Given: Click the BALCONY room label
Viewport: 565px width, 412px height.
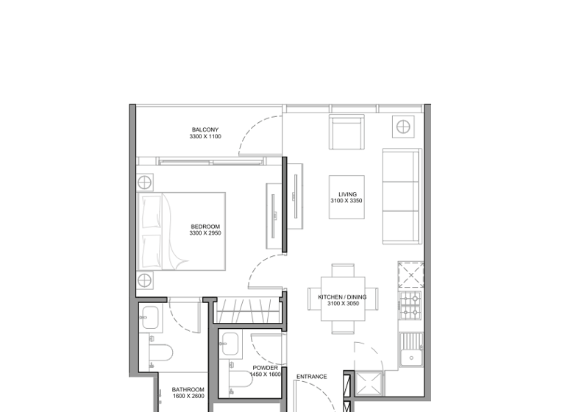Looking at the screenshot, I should (x=205, y=130).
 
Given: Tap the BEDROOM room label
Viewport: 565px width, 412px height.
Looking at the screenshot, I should (x=205, y=227).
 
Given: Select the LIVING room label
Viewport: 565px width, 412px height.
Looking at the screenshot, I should (x=346, y=194).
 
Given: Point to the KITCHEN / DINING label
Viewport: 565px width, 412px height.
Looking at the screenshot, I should (x=342, y=297).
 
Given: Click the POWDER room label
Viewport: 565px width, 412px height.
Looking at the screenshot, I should (x=266, y=368).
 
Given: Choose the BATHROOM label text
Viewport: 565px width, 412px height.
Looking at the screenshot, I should (x=188, y=390).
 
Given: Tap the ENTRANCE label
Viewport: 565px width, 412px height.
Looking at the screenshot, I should (x=311, y=377).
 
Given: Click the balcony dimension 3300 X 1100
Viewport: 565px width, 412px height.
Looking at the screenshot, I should (x=205, y=137).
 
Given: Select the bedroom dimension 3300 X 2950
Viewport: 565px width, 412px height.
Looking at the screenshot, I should (x=205, y=233).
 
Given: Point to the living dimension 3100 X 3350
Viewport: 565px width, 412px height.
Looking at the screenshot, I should (x=346, y=201).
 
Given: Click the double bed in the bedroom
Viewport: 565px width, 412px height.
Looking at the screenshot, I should (x=181, y=231).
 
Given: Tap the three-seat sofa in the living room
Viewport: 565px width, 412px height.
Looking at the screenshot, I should (x=401, y=196).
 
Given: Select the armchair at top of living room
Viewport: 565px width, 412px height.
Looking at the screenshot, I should (x=346, y=133).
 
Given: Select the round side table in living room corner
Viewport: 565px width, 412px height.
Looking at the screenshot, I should (x=404, y=127).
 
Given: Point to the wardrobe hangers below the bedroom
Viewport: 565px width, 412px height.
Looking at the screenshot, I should (x=249, y=310).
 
